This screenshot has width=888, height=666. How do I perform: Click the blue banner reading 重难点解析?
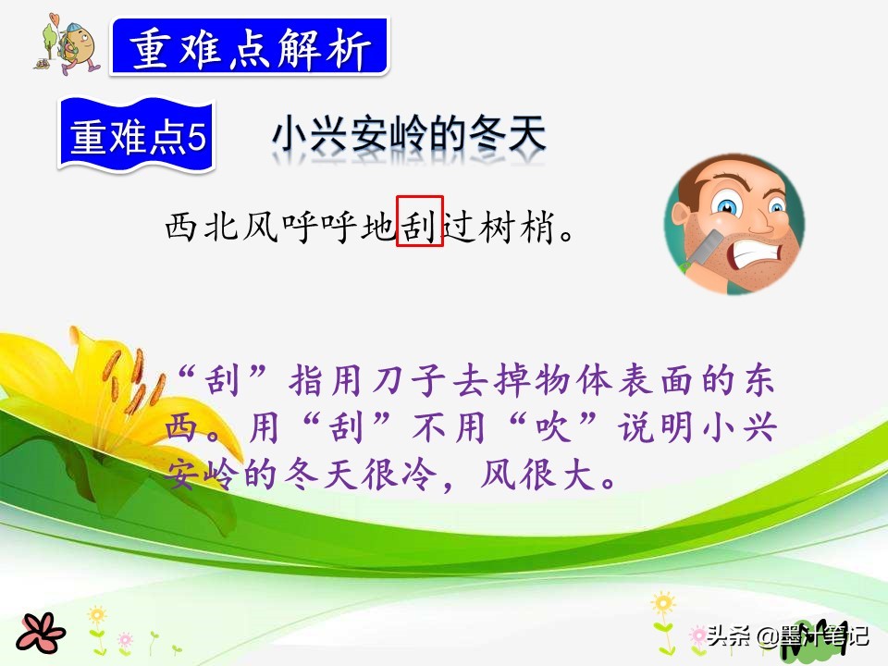click(x=250, y=48)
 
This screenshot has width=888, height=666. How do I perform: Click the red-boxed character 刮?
click(x=420, y=225)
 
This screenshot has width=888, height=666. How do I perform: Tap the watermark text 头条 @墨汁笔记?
click(x=786, y=637)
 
